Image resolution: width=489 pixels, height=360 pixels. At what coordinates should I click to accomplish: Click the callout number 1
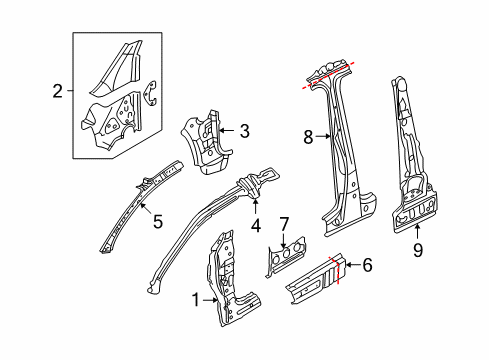(x=196, y=300)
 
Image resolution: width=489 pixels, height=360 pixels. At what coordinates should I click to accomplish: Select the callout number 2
(x=58, y=91)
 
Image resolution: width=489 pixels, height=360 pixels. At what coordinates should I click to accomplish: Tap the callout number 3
(x=245, y=131)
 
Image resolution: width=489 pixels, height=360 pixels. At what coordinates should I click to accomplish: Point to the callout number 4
(x=256, y=226)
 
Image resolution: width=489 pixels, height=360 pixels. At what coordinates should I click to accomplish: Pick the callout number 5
(x=158, y=221)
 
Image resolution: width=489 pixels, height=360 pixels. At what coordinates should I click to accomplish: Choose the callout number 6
(x=367, y=265)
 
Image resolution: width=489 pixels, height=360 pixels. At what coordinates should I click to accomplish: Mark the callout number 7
(x=284, y=224)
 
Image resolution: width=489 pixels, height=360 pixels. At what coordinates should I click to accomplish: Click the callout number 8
(x=308, y=137)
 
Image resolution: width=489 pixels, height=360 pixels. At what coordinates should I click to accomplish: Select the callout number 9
(x=417, y=250)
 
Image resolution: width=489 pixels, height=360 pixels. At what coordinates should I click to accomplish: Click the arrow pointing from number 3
(x=228, y=131)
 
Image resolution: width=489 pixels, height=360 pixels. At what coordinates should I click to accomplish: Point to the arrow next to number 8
(x=324, y=136)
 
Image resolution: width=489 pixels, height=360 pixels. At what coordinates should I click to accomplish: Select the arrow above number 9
(x=417, y=233)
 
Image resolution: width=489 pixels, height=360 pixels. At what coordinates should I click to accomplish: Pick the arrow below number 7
(x=283, y=241)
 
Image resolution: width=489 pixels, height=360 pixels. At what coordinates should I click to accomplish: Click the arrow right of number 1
(x=210, y=300)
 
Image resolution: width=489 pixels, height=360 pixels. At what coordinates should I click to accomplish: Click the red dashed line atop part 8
(x=328, y=75)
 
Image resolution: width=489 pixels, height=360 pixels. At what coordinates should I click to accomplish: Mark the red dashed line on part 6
(x=335, y=270)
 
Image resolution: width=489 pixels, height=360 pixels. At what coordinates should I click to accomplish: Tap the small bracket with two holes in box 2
(x=150, y=93)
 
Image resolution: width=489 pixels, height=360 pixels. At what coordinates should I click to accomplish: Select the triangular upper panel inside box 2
(x=116, y=68)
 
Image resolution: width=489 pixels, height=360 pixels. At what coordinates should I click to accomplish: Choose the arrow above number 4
(x=255, y=205)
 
